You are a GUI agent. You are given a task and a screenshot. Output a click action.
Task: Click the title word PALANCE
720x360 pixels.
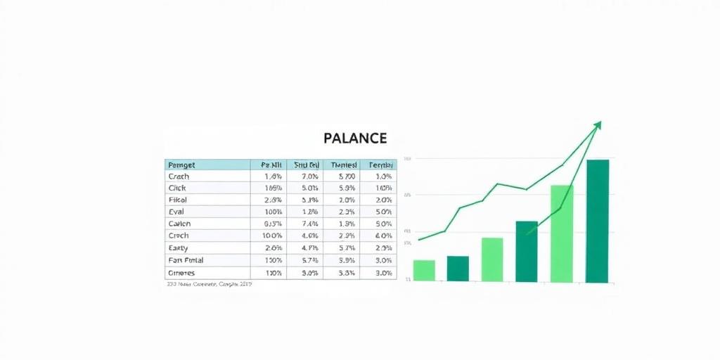click(x=355, y=139)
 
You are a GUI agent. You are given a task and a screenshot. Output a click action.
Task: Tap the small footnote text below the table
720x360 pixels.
click(x=210, y=285)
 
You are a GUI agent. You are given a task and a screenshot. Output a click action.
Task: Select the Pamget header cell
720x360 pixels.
click(x=182, y=165)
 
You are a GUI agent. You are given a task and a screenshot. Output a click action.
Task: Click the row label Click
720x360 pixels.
click(x=176, y=188)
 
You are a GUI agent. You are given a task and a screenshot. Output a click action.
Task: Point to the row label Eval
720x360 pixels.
click(x=176, y=212)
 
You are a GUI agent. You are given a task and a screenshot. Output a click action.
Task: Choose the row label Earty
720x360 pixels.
click(x=178, y=247)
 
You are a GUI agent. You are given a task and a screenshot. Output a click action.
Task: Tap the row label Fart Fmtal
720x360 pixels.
click(x=186, y=260)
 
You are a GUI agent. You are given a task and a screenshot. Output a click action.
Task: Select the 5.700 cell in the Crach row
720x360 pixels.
click(x=340, y=176)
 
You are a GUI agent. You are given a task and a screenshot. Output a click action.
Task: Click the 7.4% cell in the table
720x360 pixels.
click(x=304, y=224)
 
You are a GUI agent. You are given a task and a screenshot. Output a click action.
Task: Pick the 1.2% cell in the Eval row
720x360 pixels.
click(x=304, y=212)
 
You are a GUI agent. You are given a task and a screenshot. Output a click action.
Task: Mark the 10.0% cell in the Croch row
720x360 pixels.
click(x=271, y=236)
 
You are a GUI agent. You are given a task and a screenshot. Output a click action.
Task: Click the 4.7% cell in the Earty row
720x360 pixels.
click(x=304, y=247)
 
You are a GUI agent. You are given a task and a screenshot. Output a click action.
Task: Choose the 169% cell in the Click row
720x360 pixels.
click(x=271, y=188)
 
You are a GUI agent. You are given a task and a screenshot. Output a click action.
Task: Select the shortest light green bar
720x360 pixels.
click(x=424, y=271)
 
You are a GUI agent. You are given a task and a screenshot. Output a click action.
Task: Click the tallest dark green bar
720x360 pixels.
click(x=598, y=221)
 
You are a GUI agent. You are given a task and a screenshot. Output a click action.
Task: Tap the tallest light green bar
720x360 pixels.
click(x=562, y=233)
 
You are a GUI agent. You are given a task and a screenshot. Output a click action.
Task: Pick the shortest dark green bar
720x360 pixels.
click(x=458, y=269)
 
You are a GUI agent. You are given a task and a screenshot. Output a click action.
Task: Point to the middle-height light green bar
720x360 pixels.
click(x=492, y=259)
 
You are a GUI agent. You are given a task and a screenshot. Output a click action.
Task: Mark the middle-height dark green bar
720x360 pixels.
click(x=527, y=252)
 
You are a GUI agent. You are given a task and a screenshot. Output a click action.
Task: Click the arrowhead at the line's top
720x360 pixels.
click(x=598, y=125)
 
